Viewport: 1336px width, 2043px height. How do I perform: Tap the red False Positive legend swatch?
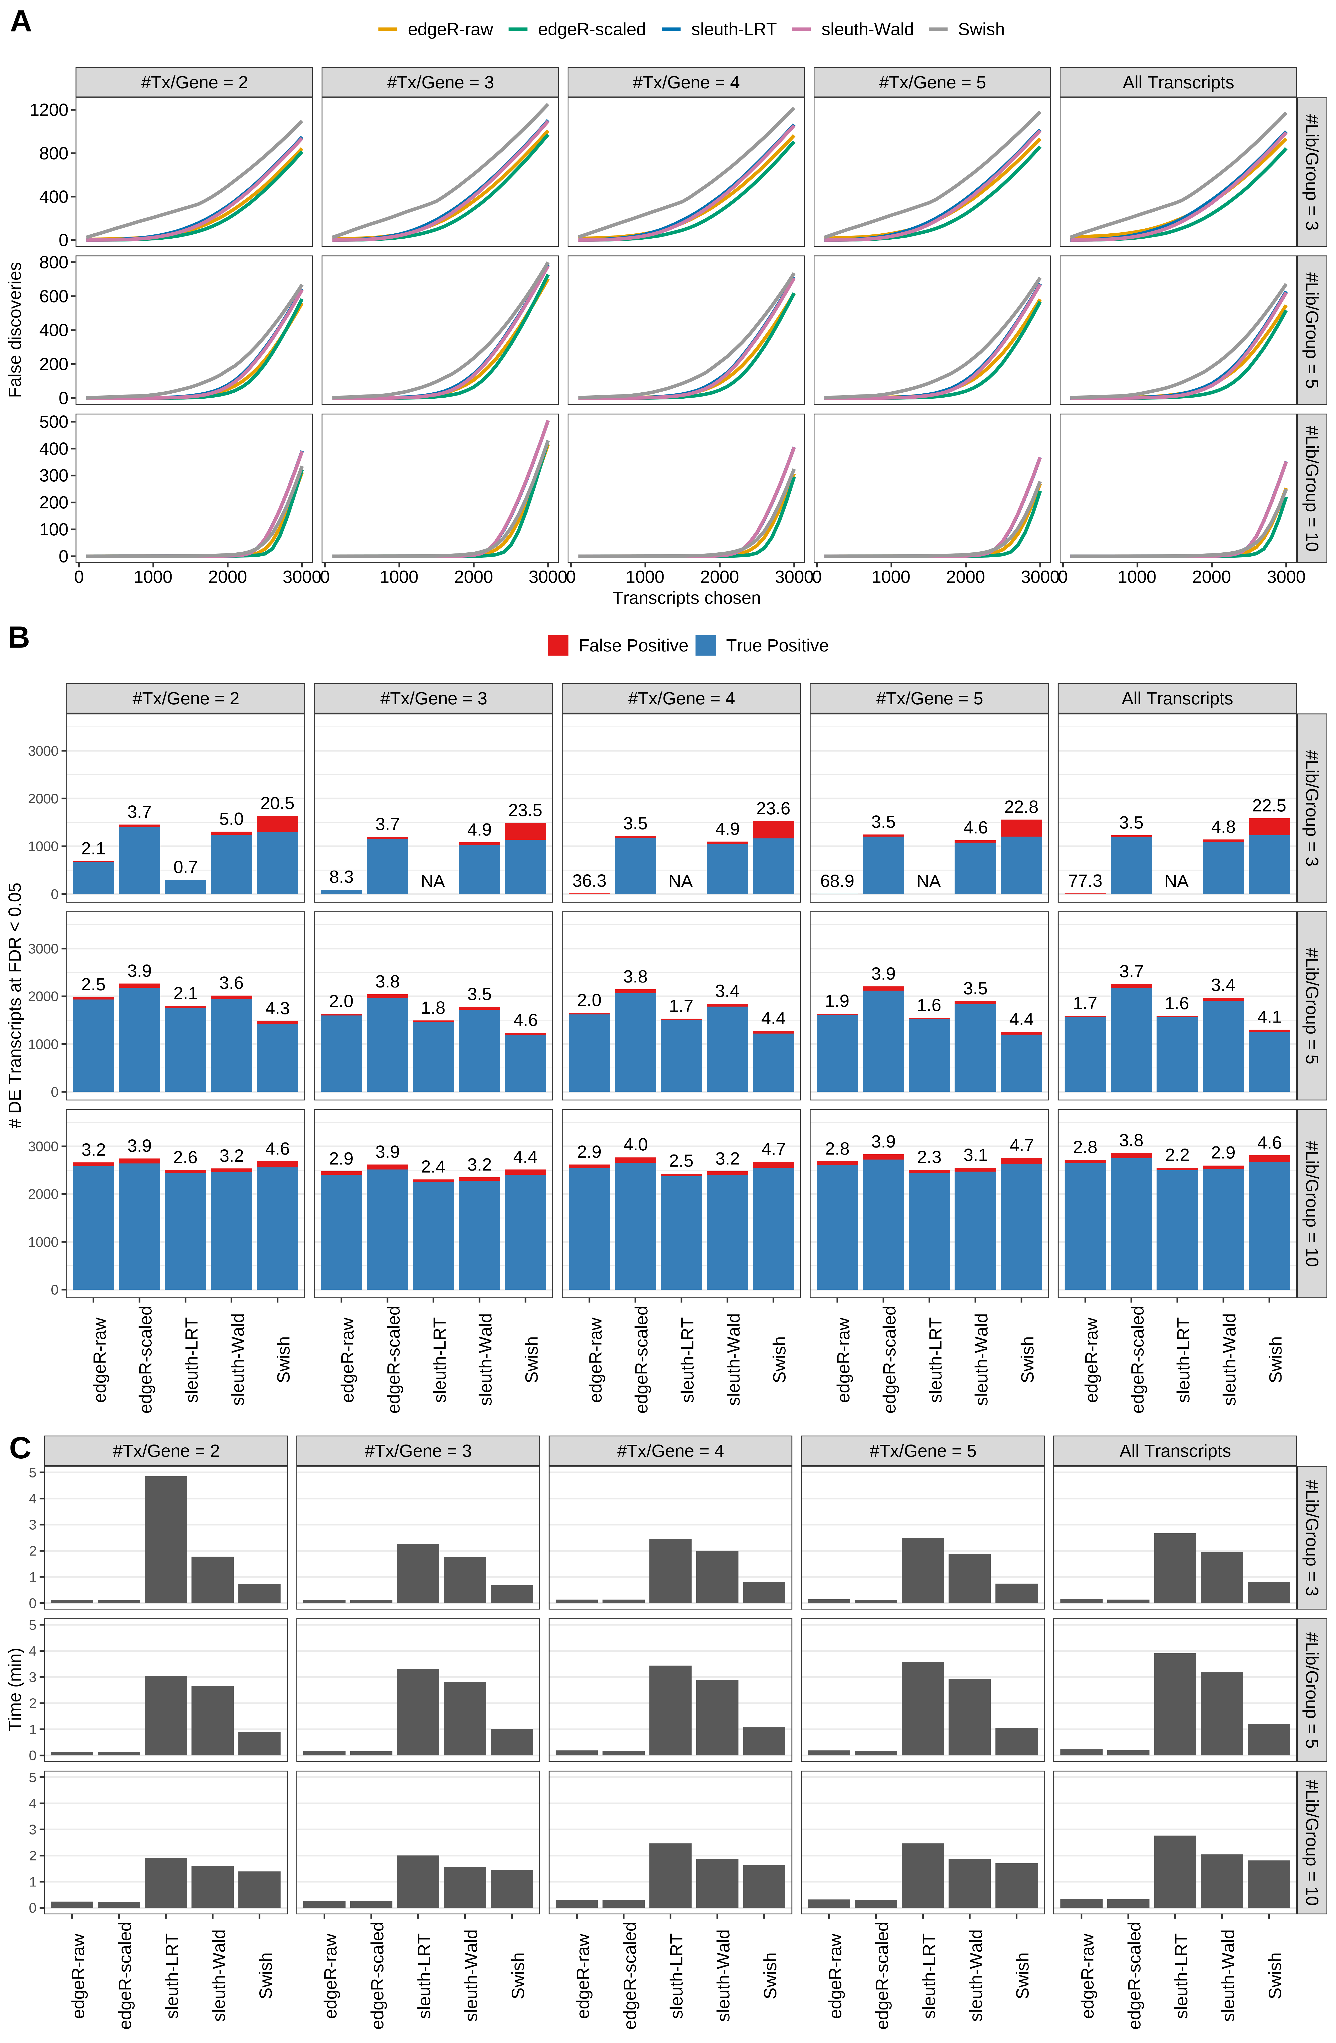coord(558,646)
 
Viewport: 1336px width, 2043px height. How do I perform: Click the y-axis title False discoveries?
coord(15,329)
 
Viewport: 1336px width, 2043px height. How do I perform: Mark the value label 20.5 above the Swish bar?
coord(277,804)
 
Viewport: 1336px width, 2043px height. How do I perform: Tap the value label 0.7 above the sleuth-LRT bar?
coord(185,867)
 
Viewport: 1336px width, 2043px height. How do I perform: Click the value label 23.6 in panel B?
coord(773,809)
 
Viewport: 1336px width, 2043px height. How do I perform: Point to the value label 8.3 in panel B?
coord(341,876)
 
